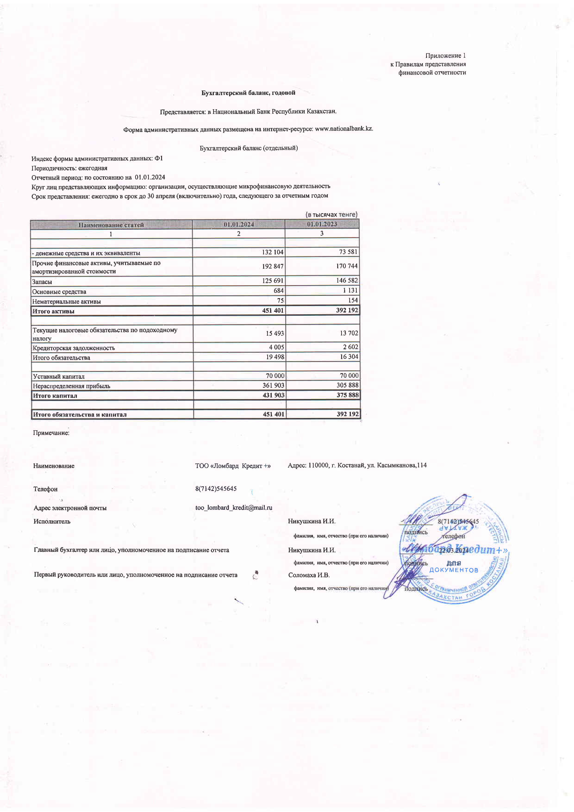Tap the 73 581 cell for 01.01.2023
click(x=348, y=252)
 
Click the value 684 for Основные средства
click(x=278, y=290)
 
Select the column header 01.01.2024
click(x=238, y=224)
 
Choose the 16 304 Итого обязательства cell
click(x=349, y=356)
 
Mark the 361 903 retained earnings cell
click(x=273, y=385)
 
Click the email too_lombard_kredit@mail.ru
click(x=234, y=507)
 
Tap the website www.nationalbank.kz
click(x=344, y=129)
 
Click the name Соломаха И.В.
click(x=309, y=575)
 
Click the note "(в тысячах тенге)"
click(x=331, y=214)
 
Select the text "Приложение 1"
click(x=445, y=56)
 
